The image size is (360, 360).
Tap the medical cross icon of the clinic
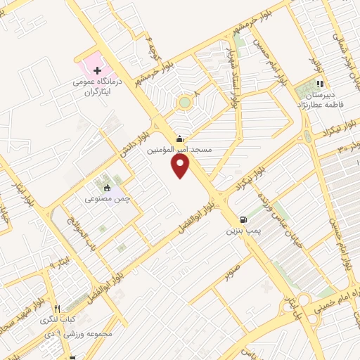[97, 72]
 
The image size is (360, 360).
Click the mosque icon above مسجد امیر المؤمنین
[182, 138]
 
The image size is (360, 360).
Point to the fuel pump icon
[243, 219]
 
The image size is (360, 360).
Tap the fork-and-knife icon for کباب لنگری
[57, 308]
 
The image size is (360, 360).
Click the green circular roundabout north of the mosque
[185, 103]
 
